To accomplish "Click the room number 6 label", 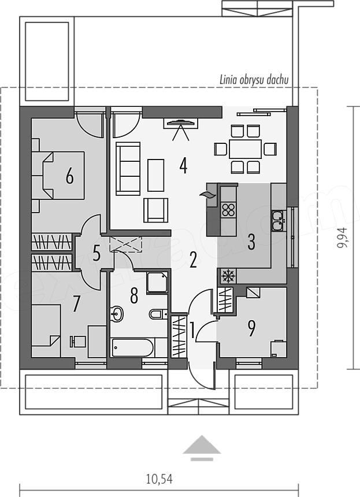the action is coord(70,176).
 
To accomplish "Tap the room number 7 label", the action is coord(76,303).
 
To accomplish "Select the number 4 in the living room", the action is coord(183,165).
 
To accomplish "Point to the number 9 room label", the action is coord(251,328).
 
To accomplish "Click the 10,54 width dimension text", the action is coord(159,479).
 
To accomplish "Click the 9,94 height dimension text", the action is coord(342,238).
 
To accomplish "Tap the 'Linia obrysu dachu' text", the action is coord(254,80).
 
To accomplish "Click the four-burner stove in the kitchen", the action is coord(228,210).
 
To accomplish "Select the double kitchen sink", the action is coord(278,220).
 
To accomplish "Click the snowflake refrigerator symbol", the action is coord(228,276).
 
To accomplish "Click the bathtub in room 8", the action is coord(133,347).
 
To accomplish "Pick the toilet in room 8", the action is coord(158,314).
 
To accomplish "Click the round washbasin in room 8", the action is coord(117,314).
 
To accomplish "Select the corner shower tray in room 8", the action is coord(157,282).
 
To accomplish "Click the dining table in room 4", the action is coord(245,149).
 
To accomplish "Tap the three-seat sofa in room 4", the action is coord(128,168).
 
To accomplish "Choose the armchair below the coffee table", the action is coord(155,210).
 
